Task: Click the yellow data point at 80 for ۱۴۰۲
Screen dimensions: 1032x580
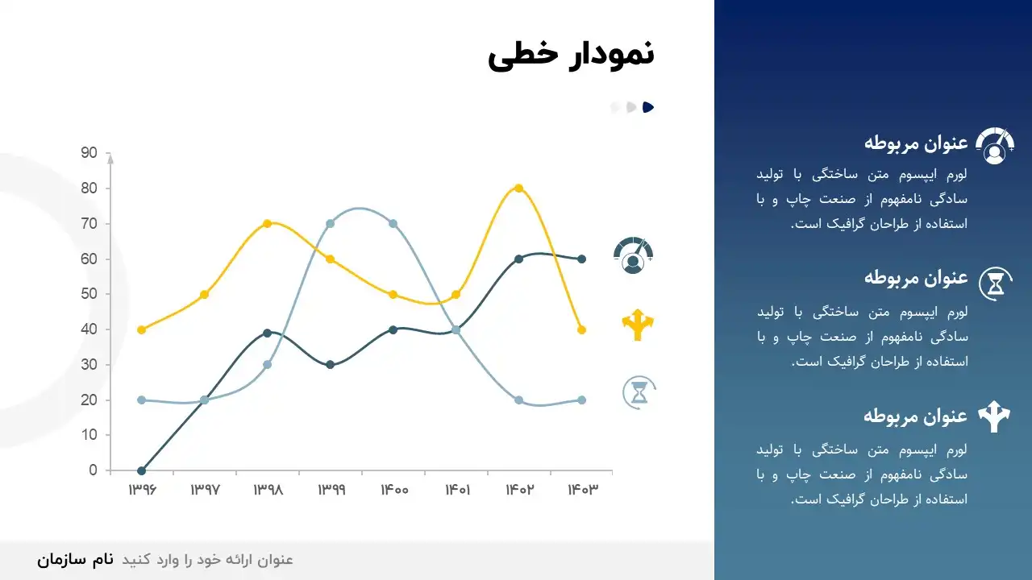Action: pyautogui.click(x=518, y=188)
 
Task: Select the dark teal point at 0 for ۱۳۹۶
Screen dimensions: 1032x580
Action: pyautogui.click(x=141, y=471)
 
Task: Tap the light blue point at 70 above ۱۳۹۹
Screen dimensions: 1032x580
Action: pyautogui.click(x=330, y=224)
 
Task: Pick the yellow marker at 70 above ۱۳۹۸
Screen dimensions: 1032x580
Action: pyautogui.click(x=267, y=224)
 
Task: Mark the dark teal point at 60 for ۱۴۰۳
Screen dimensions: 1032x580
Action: pyautogui.click(x=581, y=259)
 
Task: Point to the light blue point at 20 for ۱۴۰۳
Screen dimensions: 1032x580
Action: pyautogui.click(x=581, y=400)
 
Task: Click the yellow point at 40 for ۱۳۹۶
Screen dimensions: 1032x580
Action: pyautogui.click(x=141, y=329)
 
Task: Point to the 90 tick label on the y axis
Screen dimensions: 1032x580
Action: pyautogui.click(x=89, y=152)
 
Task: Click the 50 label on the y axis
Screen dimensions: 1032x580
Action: pyautogui.click(x=89, y=294)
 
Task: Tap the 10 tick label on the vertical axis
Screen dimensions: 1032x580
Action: pyautogui.click(x=89, y=434)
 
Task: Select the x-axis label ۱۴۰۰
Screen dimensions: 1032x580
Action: pyautogui.click(x=394, y=490)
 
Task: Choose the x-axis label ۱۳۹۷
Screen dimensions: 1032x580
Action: pyautogui.click(x=205, y=490)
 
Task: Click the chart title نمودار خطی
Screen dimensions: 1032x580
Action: pyautogui.click(x=571, y=56)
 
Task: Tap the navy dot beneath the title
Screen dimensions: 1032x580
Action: pyautogui.click(x=648, y=107)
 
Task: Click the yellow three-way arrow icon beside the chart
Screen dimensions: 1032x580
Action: pyautogui.click(x=638, y=325)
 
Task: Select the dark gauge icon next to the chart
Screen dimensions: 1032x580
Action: pyautogui.click(x=634, y=255)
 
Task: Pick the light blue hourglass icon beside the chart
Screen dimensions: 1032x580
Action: pyautogui.click(x=639, y=392)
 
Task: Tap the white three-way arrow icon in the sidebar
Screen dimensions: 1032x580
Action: pyautogui.click(x=994, y=416)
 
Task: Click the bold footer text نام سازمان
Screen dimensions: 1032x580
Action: pyautogui.click(x=75, y=560)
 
